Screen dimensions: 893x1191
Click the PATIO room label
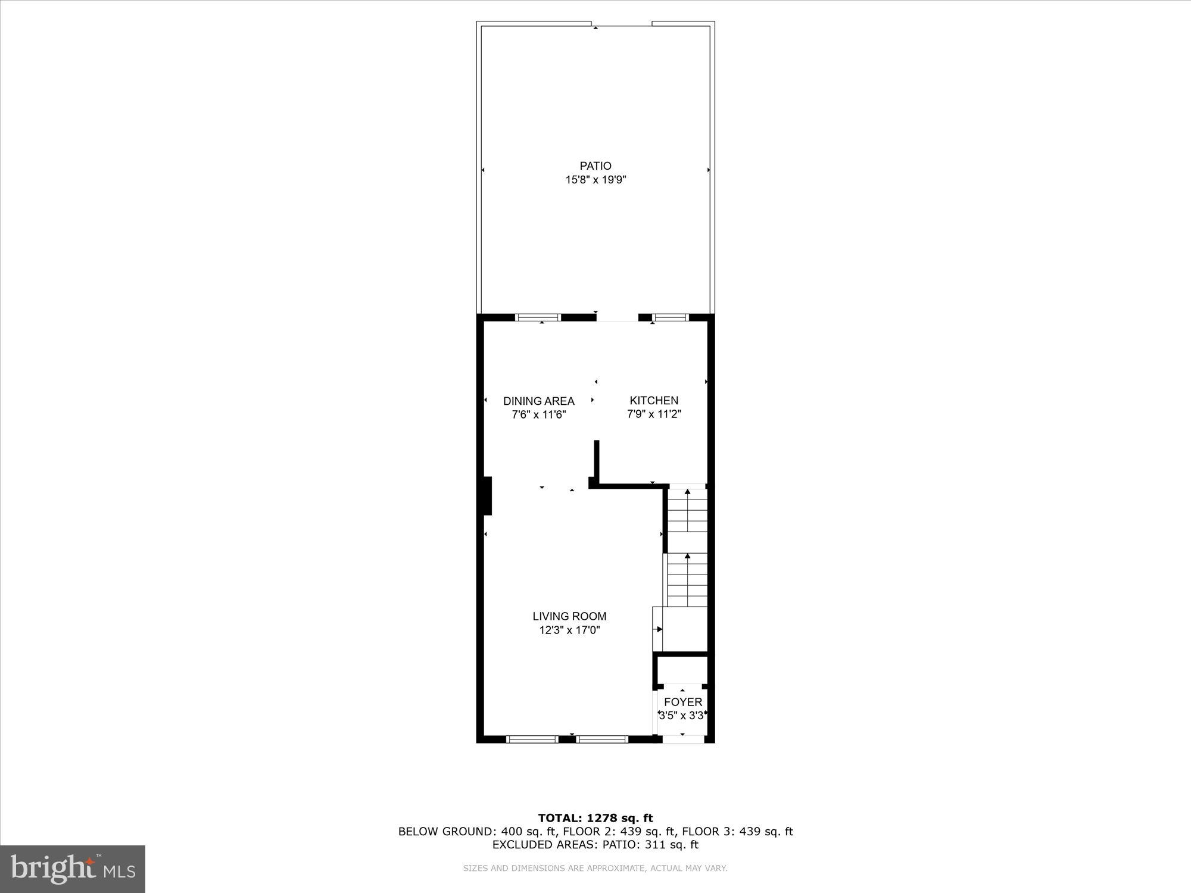point(595,166)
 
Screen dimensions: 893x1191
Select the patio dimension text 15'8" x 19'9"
point(595,180)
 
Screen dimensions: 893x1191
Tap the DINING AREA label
point(539,401)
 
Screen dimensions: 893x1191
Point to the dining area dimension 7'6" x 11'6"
point(539,415)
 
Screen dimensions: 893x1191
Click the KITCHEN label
point(654,401)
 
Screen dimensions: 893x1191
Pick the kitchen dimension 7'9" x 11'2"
point(654,414)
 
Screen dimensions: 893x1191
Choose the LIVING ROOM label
point(569,617)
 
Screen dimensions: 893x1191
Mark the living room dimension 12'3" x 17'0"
point(569,630)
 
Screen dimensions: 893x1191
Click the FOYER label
point(683,702)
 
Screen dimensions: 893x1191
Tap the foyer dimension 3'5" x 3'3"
point(682,716)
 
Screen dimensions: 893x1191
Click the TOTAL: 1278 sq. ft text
point(595,819)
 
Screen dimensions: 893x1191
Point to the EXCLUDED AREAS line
point(595,845)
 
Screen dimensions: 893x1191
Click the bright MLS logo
point(73,869)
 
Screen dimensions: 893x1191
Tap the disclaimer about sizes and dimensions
point(595,869)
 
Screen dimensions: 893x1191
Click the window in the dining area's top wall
point(538,317)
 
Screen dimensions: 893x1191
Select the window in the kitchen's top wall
point(670,317)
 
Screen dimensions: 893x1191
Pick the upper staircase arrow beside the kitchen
point(688,493)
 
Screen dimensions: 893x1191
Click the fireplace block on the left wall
point(488,495)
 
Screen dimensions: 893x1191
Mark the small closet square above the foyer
point(682,670)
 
